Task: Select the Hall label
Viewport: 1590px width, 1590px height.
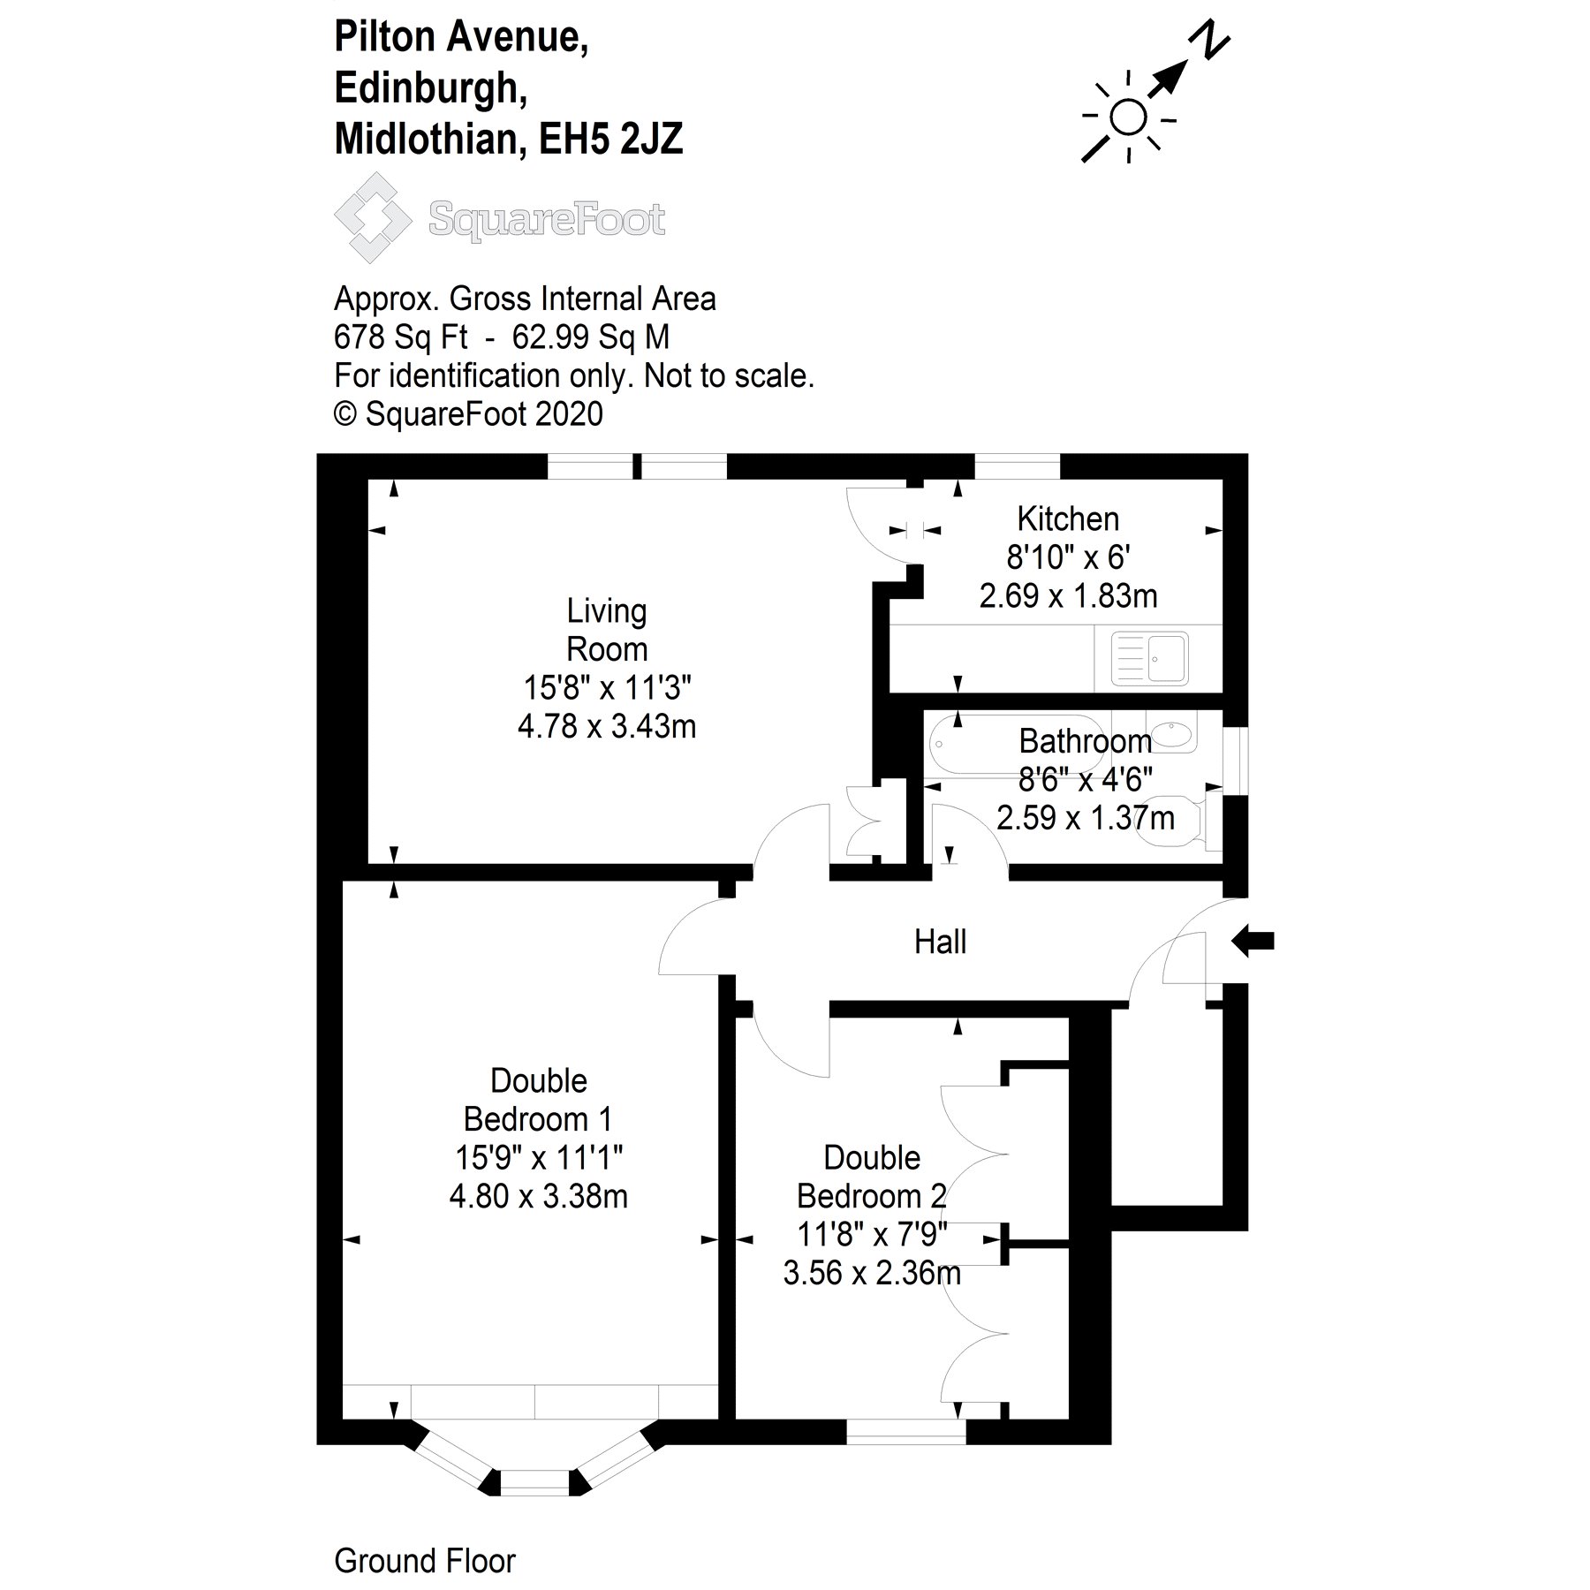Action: point(940,943)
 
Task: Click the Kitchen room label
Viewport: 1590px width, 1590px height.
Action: point(1068,519)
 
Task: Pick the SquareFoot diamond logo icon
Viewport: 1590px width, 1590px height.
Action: point(373,217)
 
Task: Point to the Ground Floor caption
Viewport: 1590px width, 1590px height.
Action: point(424,1561)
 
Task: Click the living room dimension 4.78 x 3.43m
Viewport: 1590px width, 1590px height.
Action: point(607,727)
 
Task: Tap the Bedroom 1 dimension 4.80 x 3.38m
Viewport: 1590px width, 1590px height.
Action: point(539,1197)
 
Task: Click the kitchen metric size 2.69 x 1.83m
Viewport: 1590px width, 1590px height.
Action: point(1068,596)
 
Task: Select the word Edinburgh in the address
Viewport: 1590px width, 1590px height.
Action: point(430,88)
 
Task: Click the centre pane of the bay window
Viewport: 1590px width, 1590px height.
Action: point(536,1482)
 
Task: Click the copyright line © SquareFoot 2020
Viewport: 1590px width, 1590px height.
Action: point(468,413)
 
